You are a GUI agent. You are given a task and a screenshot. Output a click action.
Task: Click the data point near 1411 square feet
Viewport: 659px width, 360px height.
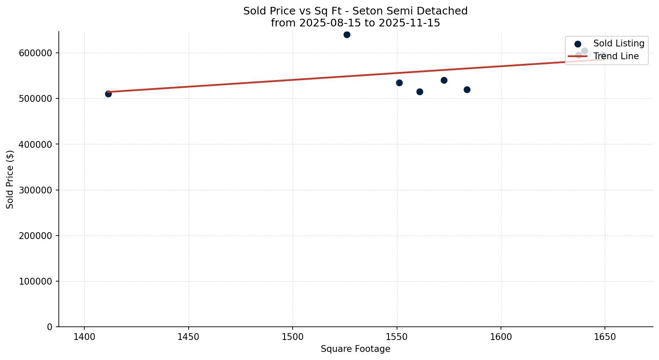coord(108,94)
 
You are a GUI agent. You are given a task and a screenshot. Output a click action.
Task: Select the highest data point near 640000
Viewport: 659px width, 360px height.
coord(347,35)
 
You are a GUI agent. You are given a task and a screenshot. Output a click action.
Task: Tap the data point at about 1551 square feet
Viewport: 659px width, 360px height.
coord(399,83)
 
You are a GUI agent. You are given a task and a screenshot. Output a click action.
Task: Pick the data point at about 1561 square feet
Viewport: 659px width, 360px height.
coord(420,92)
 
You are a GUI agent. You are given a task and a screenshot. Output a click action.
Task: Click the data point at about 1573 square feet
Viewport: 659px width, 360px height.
coord(444,80)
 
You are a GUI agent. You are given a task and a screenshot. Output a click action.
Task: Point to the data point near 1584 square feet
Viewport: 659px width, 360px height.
coord(467,89)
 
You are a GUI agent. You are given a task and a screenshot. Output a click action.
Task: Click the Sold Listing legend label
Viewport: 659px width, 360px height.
coord(619,43)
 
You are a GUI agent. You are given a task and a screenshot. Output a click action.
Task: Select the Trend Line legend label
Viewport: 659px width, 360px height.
coord(616,56)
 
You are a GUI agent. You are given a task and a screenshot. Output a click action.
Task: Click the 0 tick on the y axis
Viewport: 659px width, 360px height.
coord(50,327)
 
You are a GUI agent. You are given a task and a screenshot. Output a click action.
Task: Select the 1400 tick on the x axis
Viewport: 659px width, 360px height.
coord(84,337)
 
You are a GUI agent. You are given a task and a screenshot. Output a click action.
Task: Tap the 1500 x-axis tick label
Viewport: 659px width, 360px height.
coord(293,337)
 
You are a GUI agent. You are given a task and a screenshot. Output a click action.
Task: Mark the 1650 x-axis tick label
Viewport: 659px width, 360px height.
coord(604,337)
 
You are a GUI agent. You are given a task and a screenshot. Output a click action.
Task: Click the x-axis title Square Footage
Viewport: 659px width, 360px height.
coord(355,349)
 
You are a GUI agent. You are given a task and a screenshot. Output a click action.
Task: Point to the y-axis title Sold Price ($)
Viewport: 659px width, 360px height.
coord(10,179)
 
